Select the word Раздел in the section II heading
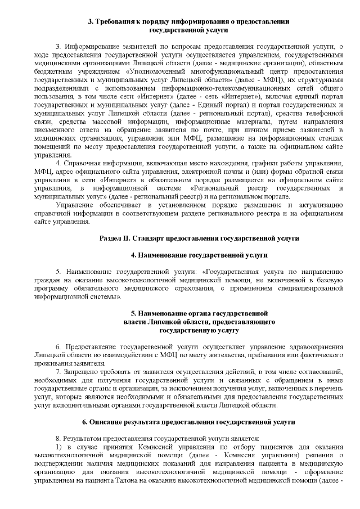tap(110, 238)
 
